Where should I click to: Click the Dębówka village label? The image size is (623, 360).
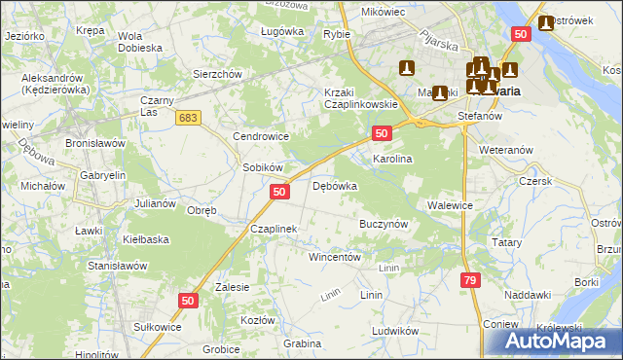tap(335, 186)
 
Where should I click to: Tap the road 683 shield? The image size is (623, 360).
tap(189, 117)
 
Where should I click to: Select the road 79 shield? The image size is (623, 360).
tap(470, 280)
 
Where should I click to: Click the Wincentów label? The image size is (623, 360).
tap(335, 258)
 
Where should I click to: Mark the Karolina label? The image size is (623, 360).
tap(393, 158)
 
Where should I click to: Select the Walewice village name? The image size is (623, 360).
tap(450, 205)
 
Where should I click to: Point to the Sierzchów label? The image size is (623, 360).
tap(216, 73)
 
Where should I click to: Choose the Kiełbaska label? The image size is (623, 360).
tap(146, 238)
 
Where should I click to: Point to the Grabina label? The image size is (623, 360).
tap(302, 343)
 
